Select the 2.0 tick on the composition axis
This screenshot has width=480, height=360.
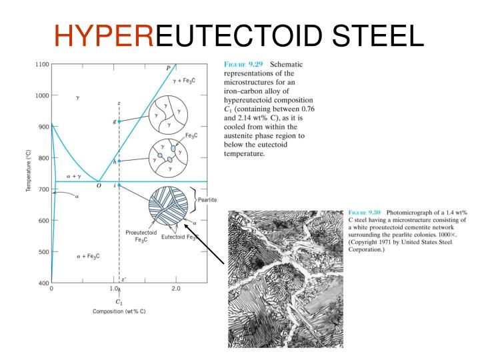pos(175,289)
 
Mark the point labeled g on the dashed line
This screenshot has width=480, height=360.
pos(119,121)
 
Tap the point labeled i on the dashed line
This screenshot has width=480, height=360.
pos(119,185)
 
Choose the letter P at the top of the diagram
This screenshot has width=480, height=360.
pos(167,68)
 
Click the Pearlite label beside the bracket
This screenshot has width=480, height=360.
pos(211,199)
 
